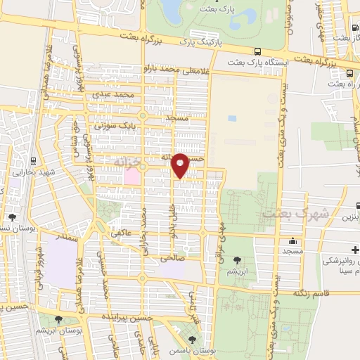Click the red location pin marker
click(x=181, y=164)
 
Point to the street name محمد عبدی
click(x=116, y=94)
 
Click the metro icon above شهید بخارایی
click(x=33, y=162)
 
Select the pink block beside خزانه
click(x=131, y=176)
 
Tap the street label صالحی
click(x=172, y=258)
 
